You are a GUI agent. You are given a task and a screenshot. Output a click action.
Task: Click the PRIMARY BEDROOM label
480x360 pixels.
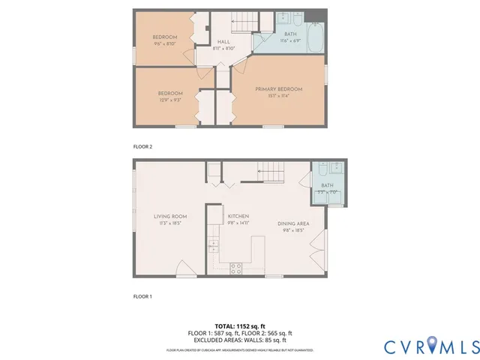(x=279, y=89)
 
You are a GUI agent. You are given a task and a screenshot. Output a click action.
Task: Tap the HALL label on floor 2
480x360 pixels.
(x=223, y=42)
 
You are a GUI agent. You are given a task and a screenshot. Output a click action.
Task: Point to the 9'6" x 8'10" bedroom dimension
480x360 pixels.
(x=164, y=44)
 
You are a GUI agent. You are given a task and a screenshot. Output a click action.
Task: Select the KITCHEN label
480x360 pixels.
(x=238, y=217)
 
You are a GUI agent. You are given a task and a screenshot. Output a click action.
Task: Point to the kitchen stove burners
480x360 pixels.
(x=235, y=268)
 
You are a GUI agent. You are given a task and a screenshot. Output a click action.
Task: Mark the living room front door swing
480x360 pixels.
(x=184, y=268)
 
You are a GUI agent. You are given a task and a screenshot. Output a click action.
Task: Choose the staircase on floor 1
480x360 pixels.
(x=272, y=174)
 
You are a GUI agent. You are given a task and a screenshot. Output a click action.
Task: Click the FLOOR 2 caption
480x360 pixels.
(x=142, y=147)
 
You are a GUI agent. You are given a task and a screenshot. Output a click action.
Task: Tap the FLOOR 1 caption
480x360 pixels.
(x=142, y=297)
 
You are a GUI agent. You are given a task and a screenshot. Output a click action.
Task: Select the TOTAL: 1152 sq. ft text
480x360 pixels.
(x=240, y=325)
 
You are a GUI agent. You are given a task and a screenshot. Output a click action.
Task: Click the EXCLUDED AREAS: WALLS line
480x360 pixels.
(x=240, y=339)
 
